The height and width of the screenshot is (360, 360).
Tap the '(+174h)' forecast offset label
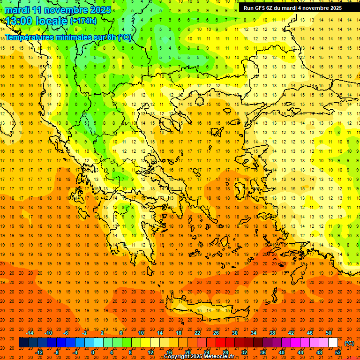(x=83, y=21)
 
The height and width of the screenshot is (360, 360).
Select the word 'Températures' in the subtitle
(x=29, y=37)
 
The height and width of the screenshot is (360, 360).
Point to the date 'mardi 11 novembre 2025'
(x=58, y=10)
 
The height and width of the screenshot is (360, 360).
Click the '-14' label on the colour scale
(x=30, y=333)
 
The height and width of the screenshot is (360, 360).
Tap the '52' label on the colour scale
(x=338, y=352)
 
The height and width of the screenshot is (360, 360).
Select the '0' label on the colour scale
(x=92, y=352)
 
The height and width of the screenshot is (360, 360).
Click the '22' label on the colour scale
(x=197, y=333)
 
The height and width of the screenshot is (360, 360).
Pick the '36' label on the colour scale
(x=262, y=352)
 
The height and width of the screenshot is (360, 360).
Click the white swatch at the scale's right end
(x=333, y=343)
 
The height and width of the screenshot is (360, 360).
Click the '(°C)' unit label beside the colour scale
(x=349, y=343)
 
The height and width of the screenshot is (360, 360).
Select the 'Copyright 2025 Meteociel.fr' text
(x=199, y=357)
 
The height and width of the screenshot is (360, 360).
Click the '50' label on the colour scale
(x=329, y=333)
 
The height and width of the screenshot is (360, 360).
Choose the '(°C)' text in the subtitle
(x=125, y=37)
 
